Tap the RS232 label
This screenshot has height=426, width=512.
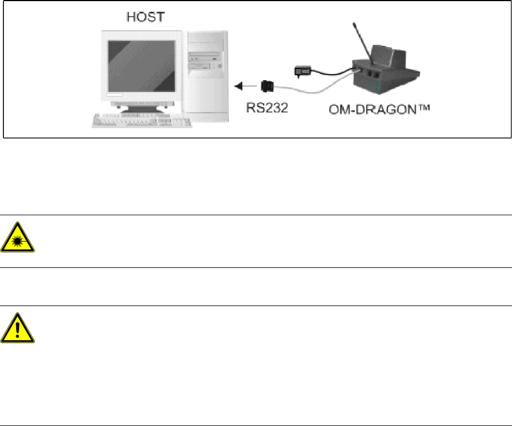point(268,106)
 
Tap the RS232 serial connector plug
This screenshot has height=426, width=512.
point(267,86)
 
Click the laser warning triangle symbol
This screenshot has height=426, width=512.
point(17,237)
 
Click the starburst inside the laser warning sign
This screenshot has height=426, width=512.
point(17,240)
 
